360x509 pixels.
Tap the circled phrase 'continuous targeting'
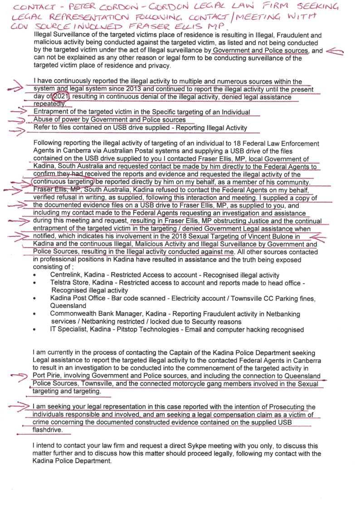click(x=62, y=182)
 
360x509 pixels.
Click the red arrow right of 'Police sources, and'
click(x=335, y=51)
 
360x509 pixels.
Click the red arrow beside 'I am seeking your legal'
click(x=19, y=406)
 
